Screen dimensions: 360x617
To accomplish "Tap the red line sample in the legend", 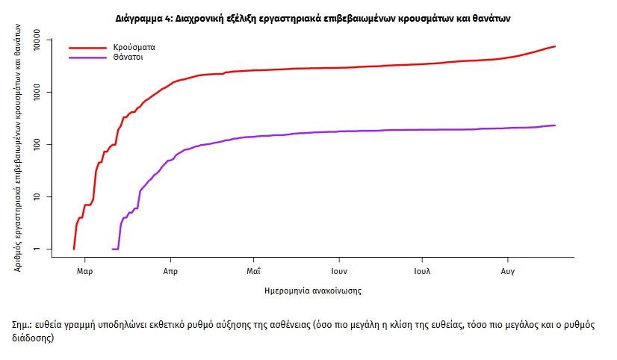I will point(84,47).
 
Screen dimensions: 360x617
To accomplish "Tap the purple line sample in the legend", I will point(84,57).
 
